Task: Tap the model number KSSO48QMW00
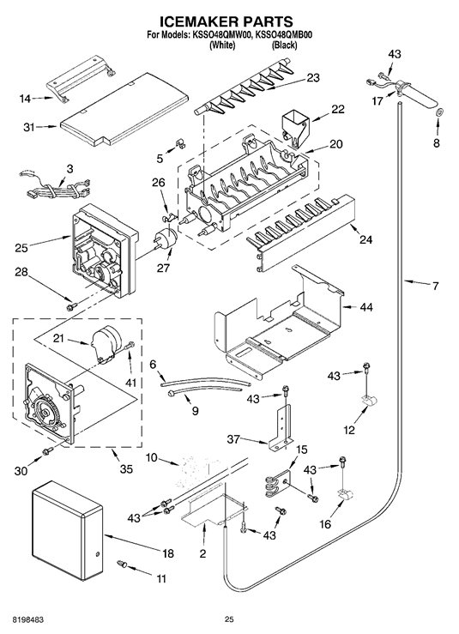tap(221, 35)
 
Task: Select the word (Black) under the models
tap(284, 45)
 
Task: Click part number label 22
tap(338, 109)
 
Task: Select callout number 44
tap(365, 307)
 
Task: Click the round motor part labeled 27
tap(166, 238)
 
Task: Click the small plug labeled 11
tap(123, 563)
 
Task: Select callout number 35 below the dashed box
tap(126, 469)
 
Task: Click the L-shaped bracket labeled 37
tap(281, 428)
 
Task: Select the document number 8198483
tap(24, 619)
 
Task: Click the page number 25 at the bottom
tap(229, 619)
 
